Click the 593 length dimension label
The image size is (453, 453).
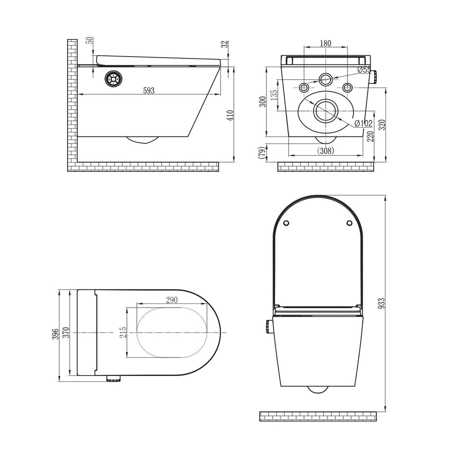coord(149,91)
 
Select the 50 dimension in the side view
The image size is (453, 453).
coord(91,40)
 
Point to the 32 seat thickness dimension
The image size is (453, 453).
coord(226,44)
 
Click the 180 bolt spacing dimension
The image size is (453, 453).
coord(326,43)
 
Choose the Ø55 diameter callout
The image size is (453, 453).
coord(364,70)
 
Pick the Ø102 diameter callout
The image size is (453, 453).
coord(363,123)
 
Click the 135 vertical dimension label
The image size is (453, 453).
coord(274,95)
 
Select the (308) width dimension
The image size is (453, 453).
coord(326,150)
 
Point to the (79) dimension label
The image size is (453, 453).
coord(261,153)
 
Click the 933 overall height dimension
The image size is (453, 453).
coord(381,304)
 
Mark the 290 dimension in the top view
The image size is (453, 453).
coord(172,300)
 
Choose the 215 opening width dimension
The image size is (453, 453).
coord(123,333)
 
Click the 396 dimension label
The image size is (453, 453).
coord(55,334)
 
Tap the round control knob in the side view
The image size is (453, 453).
coord(113,78)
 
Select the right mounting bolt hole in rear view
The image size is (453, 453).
coord(347,87)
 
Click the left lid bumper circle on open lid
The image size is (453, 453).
coord(286,223)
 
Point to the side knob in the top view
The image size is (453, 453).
coord(113,378)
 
